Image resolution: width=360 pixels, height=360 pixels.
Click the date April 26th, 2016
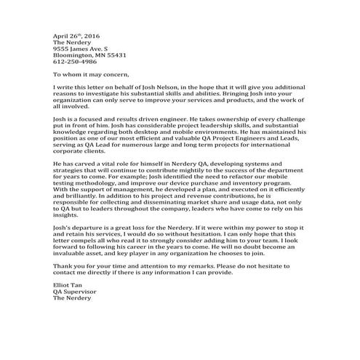76,34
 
